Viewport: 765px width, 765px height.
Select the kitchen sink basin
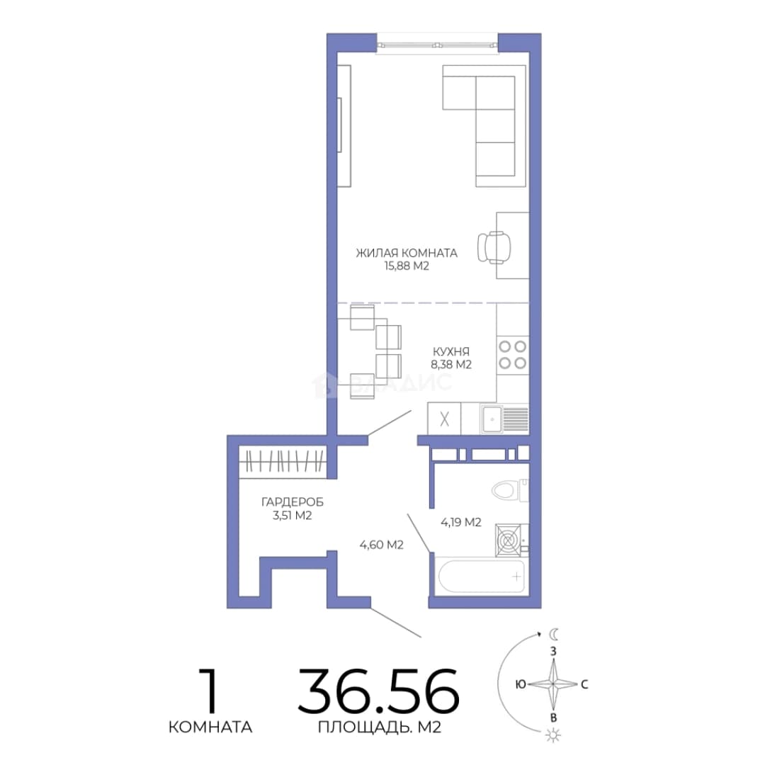(492, 418)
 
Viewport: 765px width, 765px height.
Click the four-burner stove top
(512, 355)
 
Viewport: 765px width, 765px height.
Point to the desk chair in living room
(494, 247)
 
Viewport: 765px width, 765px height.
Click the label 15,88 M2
(407, 266)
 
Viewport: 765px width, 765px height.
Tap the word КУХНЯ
(451, 351)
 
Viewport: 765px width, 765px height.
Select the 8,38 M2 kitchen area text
(451, 365)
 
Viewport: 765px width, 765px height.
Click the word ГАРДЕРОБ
(293, 502)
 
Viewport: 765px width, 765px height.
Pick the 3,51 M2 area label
(293, 516)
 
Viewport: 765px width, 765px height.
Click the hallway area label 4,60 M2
(382, 545)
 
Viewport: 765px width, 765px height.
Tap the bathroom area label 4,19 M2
(461, 523)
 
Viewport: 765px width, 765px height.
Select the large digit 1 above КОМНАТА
(210, 691)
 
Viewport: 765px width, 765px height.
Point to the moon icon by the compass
(553, 634)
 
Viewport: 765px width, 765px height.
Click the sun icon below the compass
(553, 735)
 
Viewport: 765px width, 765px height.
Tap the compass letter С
(584, 684)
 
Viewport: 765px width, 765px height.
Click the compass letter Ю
(520, 684)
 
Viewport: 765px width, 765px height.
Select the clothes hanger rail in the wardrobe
(283, 460)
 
